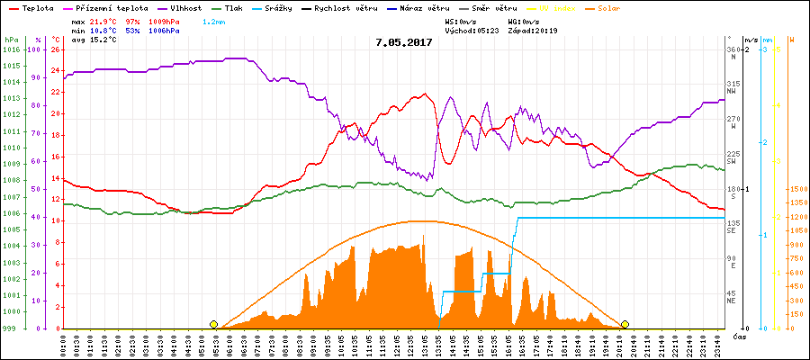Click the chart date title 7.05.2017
405,41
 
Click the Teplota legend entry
36,7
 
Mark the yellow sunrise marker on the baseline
213,324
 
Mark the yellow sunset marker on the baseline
625,324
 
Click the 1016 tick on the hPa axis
11,49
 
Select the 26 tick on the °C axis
55,49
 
